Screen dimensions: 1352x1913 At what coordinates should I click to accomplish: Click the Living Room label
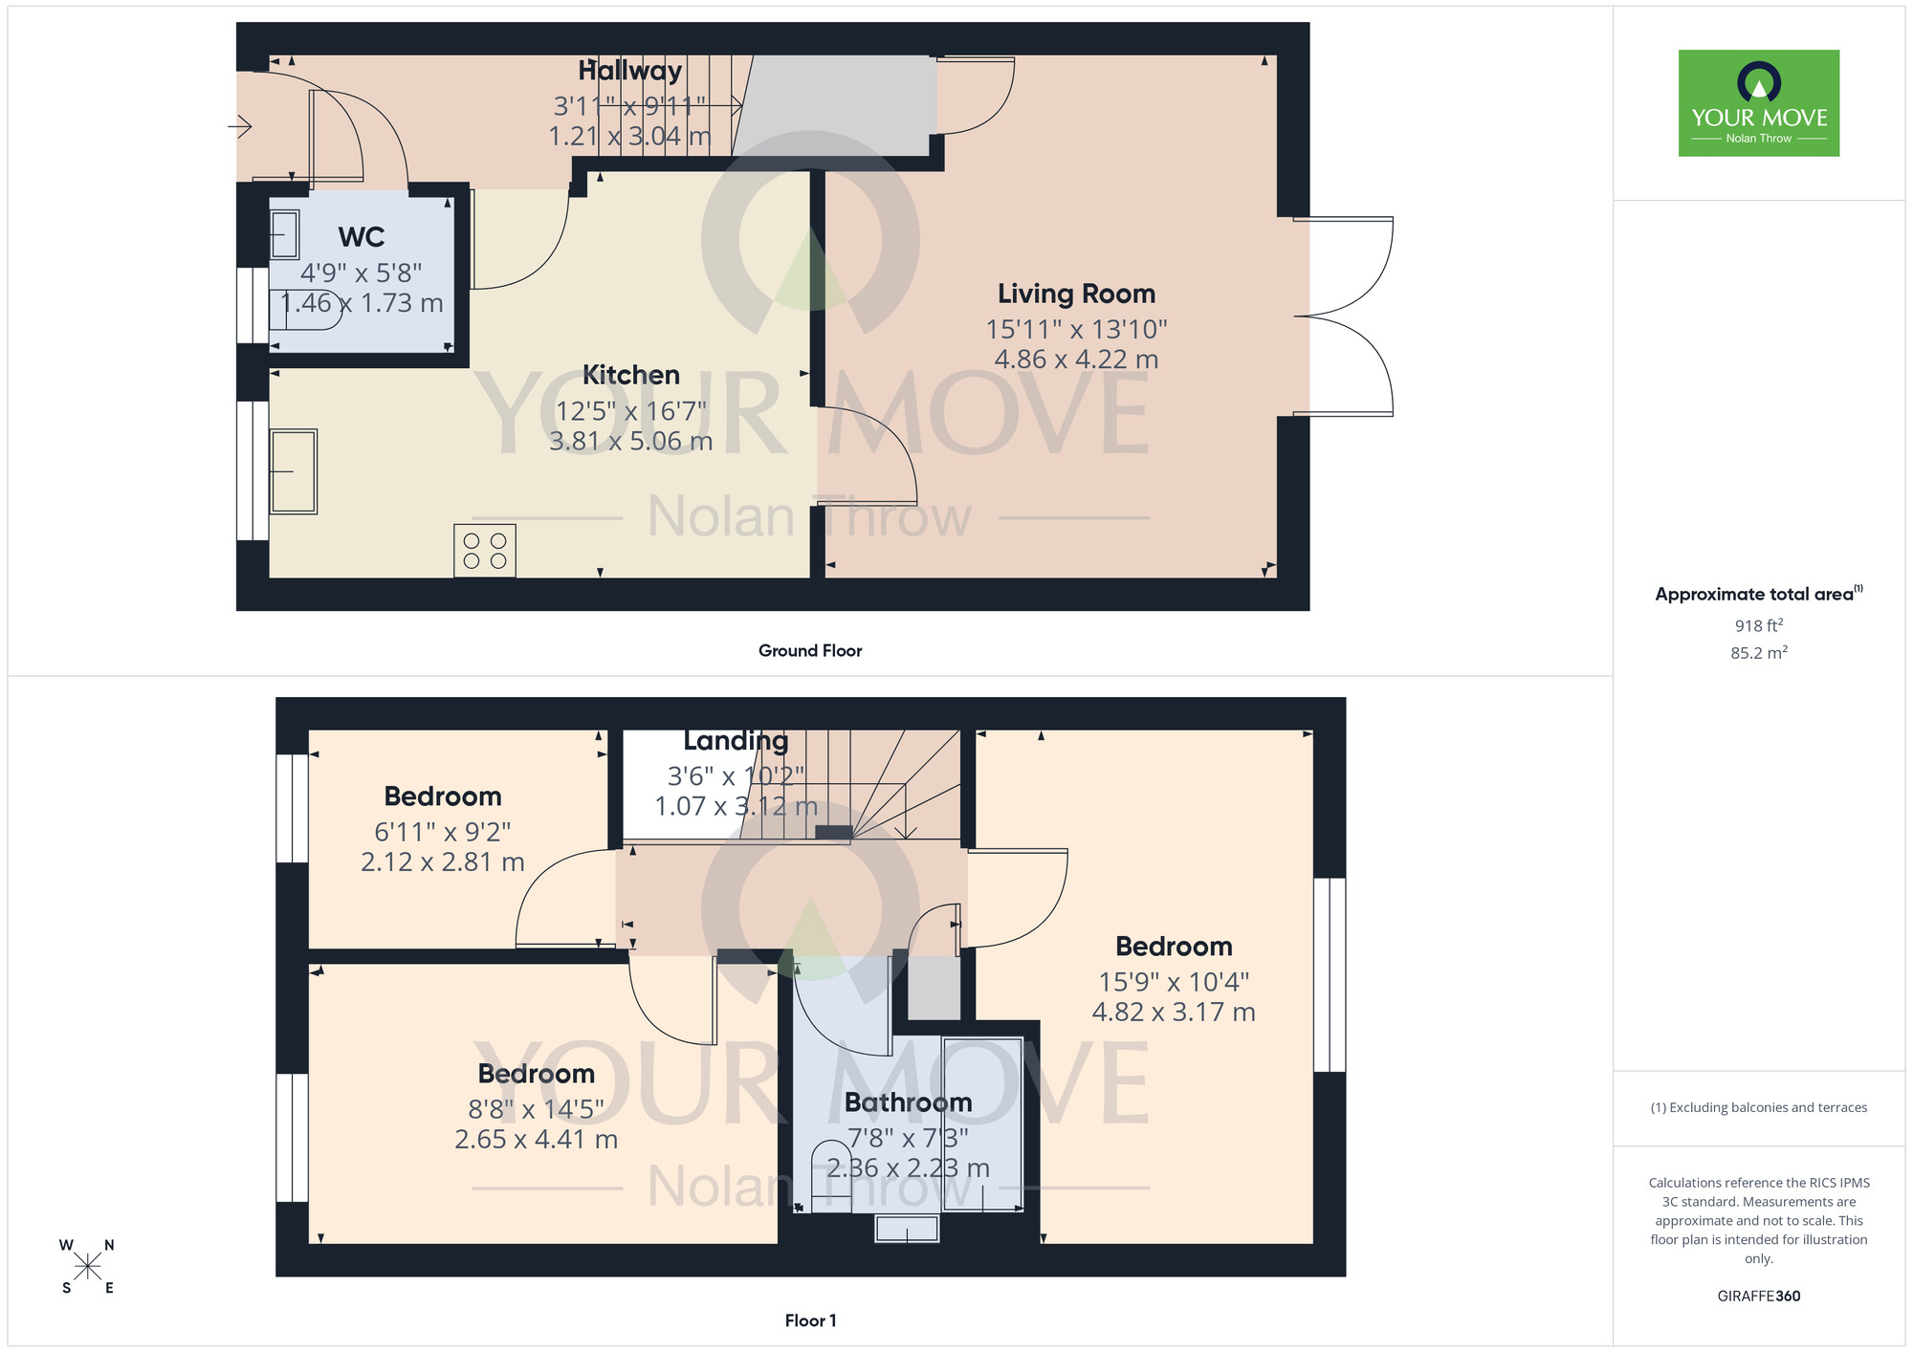coord(1076,294)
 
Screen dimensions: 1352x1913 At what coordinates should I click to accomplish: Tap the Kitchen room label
coord(630,375)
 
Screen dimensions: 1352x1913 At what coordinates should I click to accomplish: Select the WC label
coord(362,236)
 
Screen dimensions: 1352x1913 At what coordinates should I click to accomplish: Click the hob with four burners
coord(485,551)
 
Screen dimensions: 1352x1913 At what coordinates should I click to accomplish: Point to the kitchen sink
coord(293,471)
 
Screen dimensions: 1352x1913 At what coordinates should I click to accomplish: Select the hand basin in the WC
coord(285,234)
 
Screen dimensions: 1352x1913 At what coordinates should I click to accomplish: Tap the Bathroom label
coord(908,1102)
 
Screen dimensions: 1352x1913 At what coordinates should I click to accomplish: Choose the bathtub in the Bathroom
coord(982,1124)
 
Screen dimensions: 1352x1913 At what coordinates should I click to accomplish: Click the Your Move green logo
coord(1758,103)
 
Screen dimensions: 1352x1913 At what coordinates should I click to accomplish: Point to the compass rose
coord(87,1267)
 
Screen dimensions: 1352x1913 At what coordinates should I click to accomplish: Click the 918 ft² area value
coord(1758,625)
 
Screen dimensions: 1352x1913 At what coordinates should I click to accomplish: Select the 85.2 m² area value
coord(1758,653)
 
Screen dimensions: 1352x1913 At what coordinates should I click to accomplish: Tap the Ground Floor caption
coord(810,651)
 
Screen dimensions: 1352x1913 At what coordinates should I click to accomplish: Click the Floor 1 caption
coord(810,1320)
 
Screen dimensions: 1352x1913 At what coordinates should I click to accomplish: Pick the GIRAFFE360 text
coord(1758,1297)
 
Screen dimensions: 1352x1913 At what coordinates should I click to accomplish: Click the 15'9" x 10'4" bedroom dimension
coord(1174,982)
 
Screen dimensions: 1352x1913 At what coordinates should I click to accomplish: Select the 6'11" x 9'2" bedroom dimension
coord(442,832)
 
